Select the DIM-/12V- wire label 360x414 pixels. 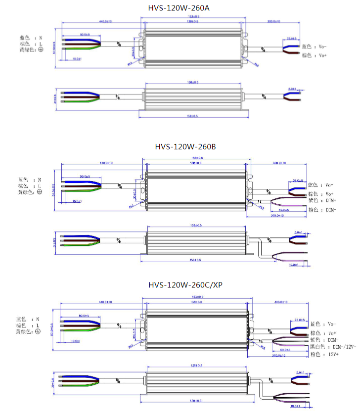[x=333, y=347]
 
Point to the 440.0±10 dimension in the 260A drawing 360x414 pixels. [x=105, y=22]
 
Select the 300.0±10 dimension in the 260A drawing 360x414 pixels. [x=273, y=22]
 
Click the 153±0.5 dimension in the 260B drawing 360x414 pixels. [x=197, y=158]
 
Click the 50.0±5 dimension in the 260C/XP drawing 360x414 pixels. [x=85, y=315]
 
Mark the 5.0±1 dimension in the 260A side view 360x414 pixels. [x=292, y=89]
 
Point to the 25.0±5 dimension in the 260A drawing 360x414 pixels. [x=291, y=38]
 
